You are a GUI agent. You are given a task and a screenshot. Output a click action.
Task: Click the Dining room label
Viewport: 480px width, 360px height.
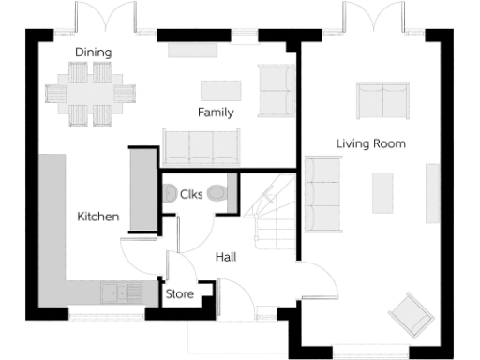[x=93, y=52]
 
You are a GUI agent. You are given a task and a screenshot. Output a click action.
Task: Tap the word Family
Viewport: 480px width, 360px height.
[x=215, y=112]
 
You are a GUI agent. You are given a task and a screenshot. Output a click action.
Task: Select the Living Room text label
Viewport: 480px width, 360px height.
[x=371, y=143]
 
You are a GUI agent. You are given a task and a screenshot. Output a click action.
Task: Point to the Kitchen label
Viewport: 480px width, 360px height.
[x=97, y=217]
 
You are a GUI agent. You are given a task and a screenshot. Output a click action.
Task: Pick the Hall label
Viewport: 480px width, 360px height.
[x=226, y=257]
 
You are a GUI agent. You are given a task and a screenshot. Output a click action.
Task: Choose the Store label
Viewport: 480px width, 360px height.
[x=179, y=294]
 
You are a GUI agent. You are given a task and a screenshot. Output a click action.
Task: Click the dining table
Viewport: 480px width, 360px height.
[x=91, y=92]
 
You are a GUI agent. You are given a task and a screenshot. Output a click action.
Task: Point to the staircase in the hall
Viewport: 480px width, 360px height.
[x=273, y=210]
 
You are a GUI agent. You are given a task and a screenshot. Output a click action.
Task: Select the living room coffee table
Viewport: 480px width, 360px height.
[x=382, y=193]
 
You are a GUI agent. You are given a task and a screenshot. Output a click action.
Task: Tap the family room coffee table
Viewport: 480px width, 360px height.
[x=220, y=90]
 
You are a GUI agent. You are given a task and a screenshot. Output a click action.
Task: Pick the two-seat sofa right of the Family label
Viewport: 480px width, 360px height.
[x=276, y=89]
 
